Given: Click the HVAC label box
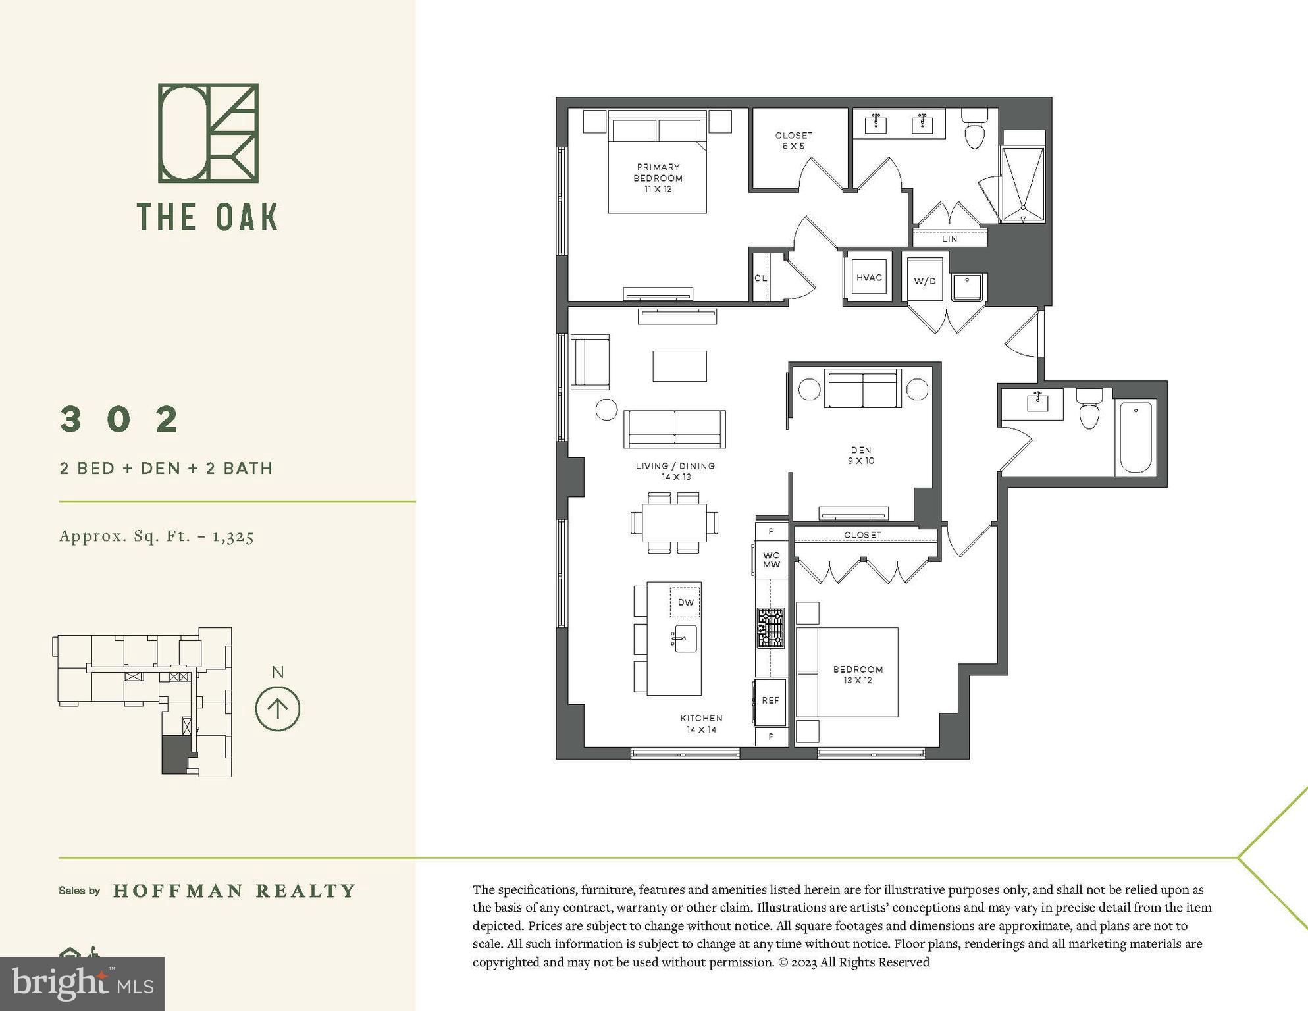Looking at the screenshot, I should pyautogui.click(x=868, y=278).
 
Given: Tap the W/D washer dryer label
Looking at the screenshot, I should pyautogui.click(x=924, y=281).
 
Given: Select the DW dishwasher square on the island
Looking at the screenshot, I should pyautogui.click(x=685, y=602).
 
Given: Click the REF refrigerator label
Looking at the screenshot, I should pyautogui.click(x=770, y=700).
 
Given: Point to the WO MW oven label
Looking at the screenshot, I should pyautogui.click(x=771, y=560).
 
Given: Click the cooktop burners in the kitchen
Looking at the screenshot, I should pyautogui.click(x=770, y=628).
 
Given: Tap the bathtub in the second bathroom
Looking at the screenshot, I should pyautogui.click(x=1136, y=436).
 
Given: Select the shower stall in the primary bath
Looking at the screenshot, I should pyautogui.click(x=1022, y=183).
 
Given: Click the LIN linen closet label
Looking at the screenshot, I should pyautogui.click(x=949, y=239).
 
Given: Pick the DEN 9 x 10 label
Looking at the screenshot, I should pyautogui.click(x=860, y=455).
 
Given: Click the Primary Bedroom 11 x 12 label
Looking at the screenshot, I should pyautogui.click(x=658, y=178).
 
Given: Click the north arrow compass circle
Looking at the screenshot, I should pyautogui.click(x=278, y=709).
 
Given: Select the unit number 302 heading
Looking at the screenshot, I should pyautogui.click(x=120, y=419).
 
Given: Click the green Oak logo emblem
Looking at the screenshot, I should pyautogui.click(x=208, y=133).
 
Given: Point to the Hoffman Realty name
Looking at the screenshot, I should pyautogui.click(x=234, y=891).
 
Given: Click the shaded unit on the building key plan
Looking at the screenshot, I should pyautogui.click(x=175, y=754).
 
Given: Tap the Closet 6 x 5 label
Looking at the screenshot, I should pyautogui.click(x=793, y=140).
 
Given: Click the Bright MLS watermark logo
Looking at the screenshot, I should pyautogui.click(x=82, y=983).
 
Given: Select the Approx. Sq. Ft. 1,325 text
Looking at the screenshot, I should pyautogui.click(x=157, y=536).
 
